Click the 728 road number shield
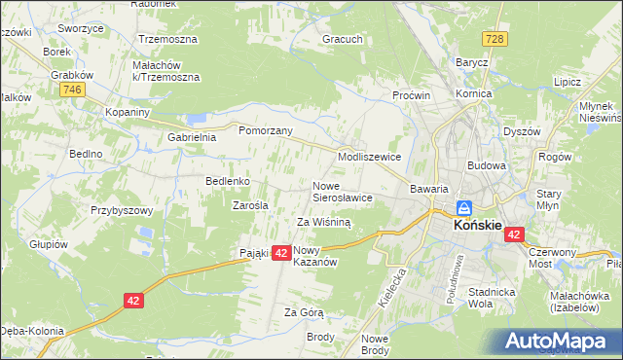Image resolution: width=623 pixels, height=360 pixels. [495, 38]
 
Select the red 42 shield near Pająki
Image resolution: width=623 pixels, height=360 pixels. [280, 253]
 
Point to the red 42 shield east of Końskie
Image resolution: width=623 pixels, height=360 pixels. [514, 234]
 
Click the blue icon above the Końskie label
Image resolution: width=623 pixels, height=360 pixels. [465, 208]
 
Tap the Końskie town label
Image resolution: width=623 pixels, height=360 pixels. [478, 225]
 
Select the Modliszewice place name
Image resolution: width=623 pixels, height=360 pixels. [369, 157]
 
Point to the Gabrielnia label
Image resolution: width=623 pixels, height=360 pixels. [191, 138]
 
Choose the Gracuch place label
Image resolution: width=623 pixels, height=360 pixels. [343, 41]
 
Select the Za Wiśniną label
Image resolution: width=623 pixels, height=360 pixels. [323, 222]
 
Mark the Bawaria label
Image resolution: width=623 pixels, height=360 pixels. [428, 189]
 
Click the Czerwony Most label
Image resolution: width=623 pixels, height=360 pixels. [552, 257]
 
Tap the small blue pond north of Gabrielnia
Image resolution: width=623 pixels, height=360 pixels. [198, 119]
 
